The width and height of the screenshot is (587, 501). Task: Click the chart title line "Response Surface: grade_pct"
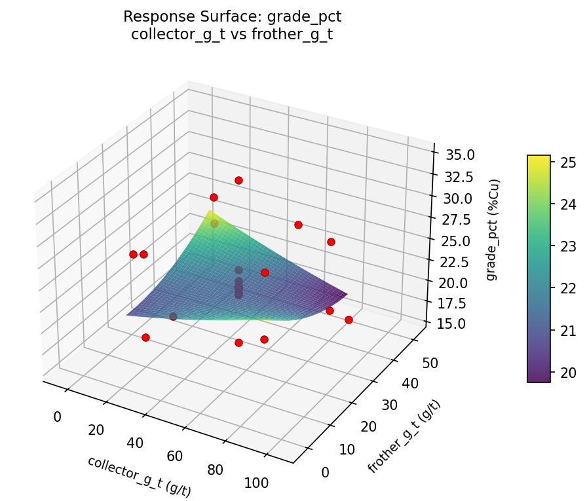232,16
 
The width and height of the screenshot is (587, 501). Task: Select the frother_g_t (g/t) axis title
404,436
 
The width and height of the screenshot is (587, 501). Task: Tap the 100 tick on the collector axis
256,483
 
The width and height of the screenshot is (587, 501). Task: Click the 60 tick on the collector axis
175,455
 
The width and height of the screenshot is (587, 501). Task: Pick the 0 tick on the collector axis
57,417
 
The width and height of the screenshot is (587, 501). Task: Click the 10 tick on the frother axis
347,450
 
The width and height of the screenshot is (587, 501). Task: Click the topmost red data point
238,180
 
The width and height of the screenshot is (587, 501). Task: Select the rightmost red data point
349,320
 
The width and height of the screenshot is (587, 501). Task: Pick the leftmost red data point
133,254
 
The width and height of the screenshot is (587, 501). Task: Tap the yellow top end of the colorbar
539,158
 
